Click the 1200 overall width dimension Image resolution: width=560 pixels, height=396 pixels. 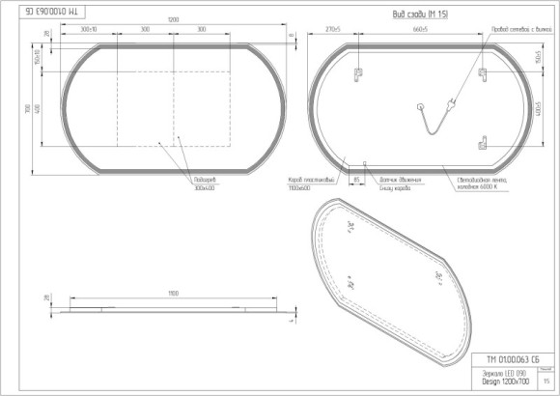[174, 19]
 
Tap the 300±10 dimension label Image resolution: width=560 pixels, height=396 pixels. [89, 31]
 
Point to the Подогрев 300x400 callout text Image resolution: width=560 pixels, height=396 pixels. [205, 184]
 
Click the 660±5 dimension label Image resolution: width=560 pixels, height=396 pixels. [419, 31]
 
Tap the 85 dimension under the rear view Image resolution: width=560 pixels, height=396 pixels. [356, 180]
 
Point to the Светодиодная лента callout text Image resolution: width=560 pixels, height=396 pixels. [487, 183]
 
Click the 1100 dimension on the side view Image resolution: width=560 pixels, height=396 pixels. [175, 291]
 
